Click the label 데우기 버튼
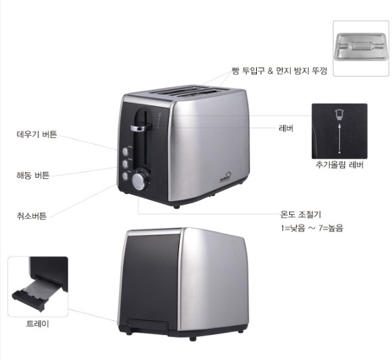[x=36, y=134]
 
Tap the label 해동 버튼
[x=33, y=175]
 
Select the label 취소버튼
[x=32, y=215]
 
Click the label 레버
[x=286, y=128]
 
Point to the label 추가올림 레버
[x=339, y=165]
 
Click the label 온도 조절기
[x=301, y=214]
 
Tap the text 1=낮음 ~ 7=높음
[x=312, y=228]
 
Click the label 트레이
[x=37, y=324]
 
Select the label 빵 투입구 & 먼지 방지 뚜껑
[x=279, y=71]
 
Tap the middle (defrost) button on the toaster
[x=125, y=163]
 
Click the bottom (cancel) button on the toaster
[x=125, y=176]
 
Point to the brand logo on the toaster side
[x=225, y=178]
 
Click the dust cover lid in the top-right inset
[x=361, y=47]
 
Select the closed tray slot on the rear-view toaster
[x=148, y=326]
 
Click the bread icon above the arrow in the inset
[x=339, y=114]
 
